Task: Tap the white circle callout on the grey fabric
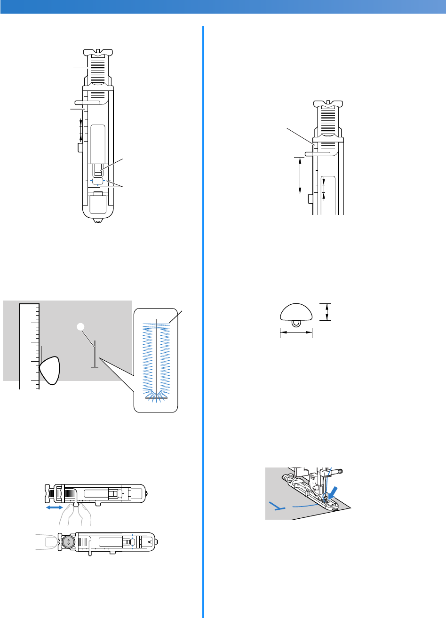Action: pyautogui.click(x=81, y=326)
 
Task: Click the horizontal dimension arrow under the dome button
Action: pyautogui.click(x=296, y=332)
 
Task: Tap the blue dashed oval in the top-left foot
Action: pyautogui.click(x=98, y=181)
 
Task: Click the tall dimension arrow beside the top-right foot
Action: pyautogui.click(x=300, y=175)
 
